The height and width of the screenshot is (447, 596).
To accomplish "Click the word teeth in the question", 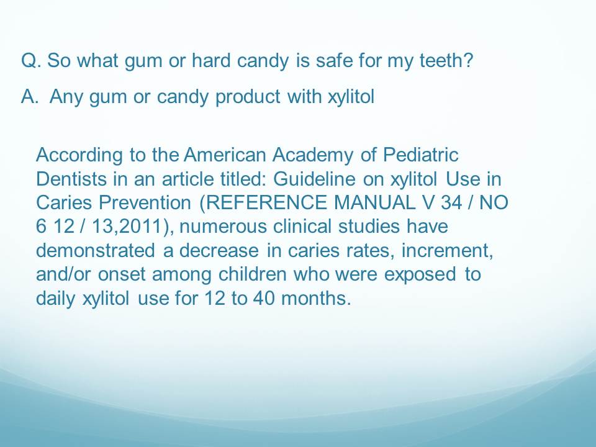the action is (446, 60).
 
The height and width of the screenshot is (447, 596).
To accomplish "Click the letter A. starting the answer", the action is (30, 96).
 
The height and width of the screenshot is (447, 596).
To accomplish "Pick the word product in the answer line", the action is (248, 96).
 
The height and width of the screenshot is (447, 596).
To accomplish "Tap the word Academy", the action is (312, 155).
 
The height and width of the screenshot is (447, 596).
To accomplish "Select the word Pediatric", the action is (420, 155).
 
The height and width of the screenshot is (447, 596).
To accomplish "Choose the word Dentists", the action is (71, 179).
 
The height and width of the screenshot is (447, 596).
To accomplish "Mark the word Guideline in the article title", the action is (314, 179).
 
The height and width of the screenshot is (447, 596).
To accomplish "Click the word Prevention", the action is (145, 202).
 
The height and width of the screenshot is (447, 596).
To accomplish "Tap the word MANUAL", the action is (374, 202).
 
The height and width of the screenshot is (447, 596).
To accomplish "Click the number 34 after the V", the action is (451, 202).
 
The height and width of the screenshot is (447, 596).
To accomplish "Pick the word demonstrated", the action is (96, 250).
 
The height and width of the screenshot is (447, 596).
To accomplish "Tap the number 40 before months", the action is (264, 297).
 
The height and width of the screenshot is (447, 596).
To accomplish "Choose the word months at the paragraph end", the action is (316, 297).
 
